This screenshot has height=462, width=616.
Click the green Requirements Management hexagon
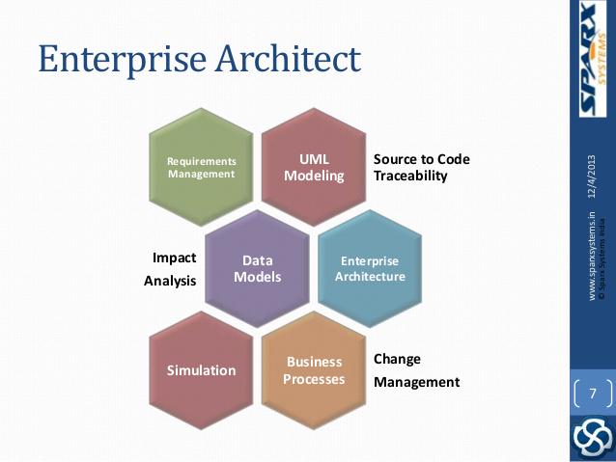(x=201, y=167)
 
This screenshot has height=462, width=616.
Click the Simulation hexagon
(x=201, y=370)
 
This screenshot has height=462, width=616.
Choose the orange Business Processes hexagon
(x=313, y=370)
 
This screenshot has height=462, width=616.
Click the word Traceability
(x=410, y=177)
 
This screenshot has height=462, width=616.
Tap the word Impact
(x=175, y=258)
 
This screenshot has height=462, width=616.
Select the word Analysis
(x=170, y=281)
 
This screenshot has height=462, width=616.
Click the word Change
(x=397, y=359)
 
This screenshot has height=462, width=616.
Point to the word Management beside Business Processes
(x=416, y=382)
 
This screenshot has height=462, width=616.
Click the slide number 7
(x=592, y=393)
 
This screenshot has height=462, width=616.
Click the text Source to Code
(x=421, y=158)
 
